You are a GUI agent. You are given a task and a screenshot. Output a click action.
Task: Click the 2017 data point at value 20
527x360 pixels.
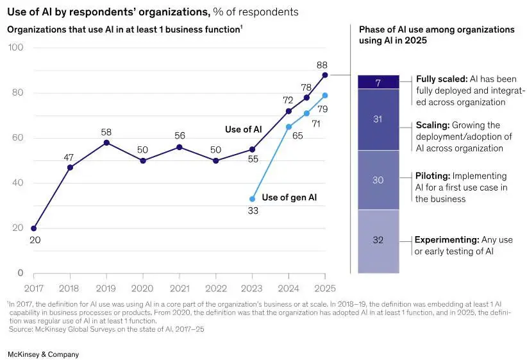[x=33, y=228]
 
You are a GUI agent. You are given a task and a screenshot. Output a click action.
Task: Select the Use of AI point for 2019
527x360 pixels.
[x=106, y=142]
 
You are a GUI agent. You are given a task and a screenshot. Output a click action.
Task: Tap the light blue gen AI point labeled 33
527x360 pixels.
[x=252, y=199]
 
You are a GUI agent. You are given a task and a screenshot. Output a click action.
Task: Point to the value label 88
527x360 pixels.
[x=322, y=65]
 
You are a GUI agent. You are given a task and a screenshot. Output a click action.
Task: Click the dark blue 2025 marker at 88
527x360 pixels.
[x=324, y=75]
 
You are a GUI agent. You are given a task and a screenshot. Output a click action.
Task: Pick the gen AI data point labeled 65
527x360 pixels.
[x=289, y=127]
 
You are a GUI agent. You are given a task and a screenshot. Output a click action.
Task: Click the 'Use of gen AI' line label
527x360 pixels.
[x=289, y=198]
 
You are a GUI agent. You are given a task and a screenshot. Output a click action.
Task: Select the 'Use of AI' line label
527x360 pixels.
[x=244, y=130]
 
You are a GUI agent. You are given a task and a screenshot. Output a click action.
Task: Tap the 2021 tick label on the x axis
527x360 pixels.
[x=180, y=288]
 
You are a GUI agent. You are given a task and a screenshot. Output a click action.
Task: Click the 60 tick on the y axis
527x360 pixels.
[x=17, y=137]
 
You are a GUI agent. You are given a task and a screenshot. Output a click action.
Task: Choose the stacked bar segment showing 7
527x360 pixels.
[x=378, y=82]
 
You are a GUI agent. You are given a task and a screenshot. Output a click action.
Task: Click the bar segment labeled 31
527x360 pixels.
[x=378, y=119]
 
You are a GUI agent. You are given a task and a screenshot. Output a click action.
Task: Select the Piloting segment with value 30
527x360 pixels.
[x=378, y=180]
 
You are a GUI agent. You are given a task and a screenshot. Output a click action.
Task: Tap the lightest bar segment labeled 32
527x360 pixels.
[x=378, y=241]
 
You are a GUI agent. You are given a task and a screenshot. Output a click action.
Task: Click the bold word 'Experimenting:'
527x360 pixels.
[x=447, y=240]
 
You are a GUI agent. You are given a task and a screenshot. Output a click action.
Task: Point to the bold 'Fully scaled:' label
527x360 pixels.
[x=442, y=79]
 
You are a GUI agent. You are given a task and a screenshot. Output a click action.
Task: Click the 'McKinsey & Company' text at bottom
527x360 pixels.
[x=44, y=354]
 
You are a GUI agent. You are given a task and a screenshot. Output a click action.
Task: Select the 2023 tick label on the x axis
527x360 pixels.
[x=251, y=288]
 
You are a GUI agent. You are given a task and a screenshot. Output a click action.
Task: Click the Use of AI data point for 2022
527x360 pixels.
[x=216, y=161]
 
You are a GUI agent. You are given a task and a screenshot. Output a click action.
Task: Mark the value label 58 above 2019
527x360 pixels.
[x=106, y=132]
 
